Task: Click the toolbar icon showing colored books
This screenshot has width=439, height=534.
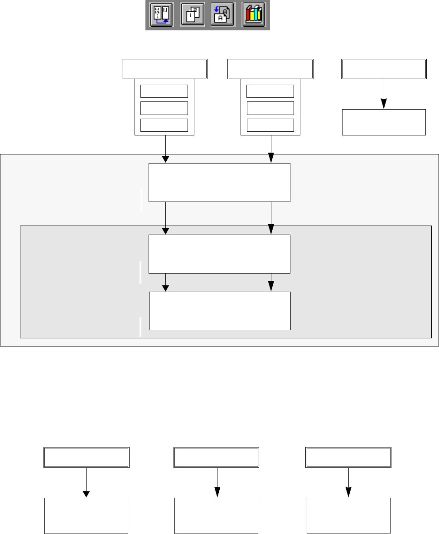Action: [253, 15]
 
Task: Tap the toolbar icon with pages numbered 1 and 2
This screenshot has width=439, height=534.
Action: [192, 15]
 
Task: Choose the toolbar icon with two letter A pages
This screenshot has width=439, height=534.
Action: [222, 15]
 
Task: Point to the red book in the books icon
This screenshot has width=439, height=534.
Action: [247, 16]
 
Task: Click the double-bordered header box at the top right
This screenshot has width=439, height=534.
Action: [384, 68]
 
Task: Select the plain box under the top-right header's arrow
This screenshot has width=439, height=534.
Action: [384, 122]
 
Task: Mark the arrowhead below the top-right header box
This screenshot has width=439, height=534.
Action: [384, 104]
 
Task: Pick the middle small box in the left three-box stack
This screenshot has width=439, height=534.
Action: [164, 108]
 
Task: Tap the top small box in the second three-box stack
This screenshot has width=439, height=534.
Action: [270, 91]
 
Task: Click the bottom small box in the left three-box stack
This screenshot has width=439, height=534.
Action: [164, 125]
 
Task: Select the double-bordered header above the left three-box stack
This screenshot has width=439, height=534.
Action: [164, 68]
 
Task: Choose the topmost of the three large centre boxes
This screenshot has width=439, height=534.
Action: [219, 182]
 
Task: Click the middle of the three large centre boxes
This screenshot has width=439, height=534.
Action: [219, 254]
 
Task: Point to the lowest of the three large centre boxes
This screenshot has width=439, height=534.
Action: [219, 311]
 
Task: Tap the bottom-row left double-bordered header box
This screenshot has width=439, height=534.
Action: [86, 457]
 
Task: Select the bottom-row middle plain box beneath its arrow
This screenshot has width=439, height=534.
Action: [216, 515]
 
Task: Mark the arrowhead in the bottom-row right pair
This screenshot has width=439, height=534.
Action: [348, 492]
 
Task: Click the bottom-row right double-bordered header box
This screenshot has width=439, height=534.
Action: [348, 457]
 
